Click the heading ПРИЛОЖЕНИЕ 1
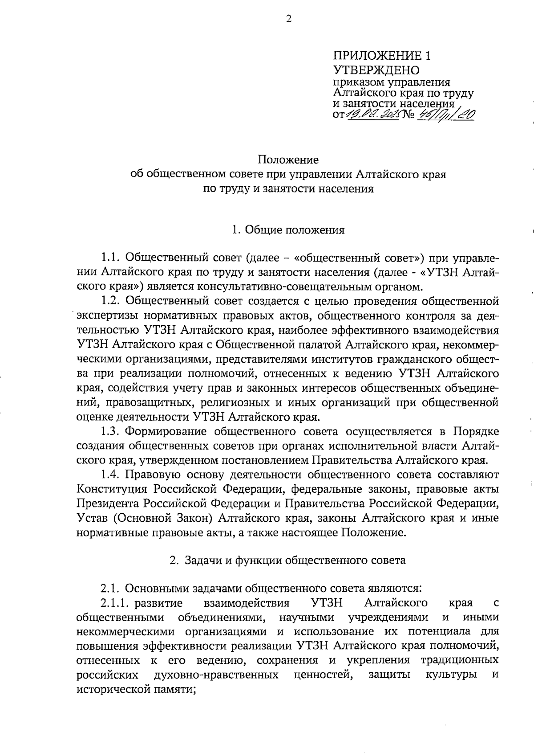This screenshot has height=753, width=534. [x=382, y=56]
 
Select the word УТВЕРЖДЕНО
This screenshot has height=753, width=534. [x=376, y=70]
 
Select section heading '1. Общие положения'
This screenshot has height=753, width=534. [x=288, y=230]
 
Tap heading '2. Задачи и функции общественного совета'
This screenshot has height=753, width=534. [x=288, y=561]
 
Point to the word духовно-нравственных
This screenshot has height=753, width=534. [x=216, y=675]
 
